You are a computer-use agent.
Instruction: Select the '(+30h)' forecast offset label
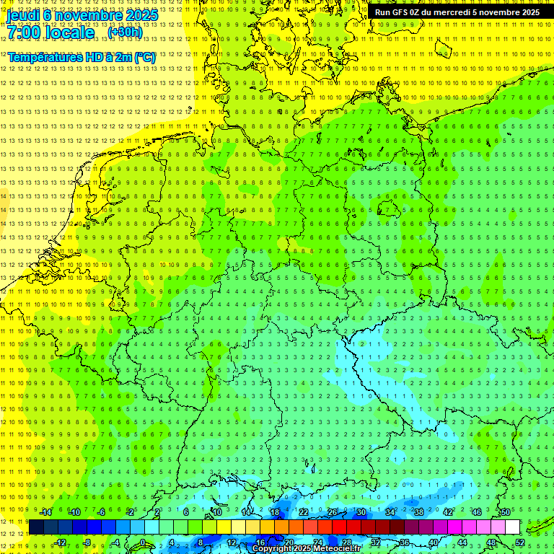pos(125,32)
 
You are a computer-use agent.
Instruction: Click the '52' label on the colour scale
pos(520,542)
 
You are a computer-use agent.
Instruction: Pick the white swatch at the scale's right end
pos(512,527)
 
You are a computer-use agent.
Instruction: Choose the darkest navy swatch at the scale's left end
pos(36,527)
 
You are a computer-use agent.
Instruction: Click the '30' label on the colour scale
pos(361,512)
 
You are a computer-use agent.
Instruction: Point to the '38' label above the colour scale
pos(418,512)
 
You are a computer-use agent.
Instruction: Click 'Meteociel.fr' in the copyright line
pos(335,549)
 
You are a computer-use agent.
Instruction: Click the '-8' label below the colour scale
pos(88,542)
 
